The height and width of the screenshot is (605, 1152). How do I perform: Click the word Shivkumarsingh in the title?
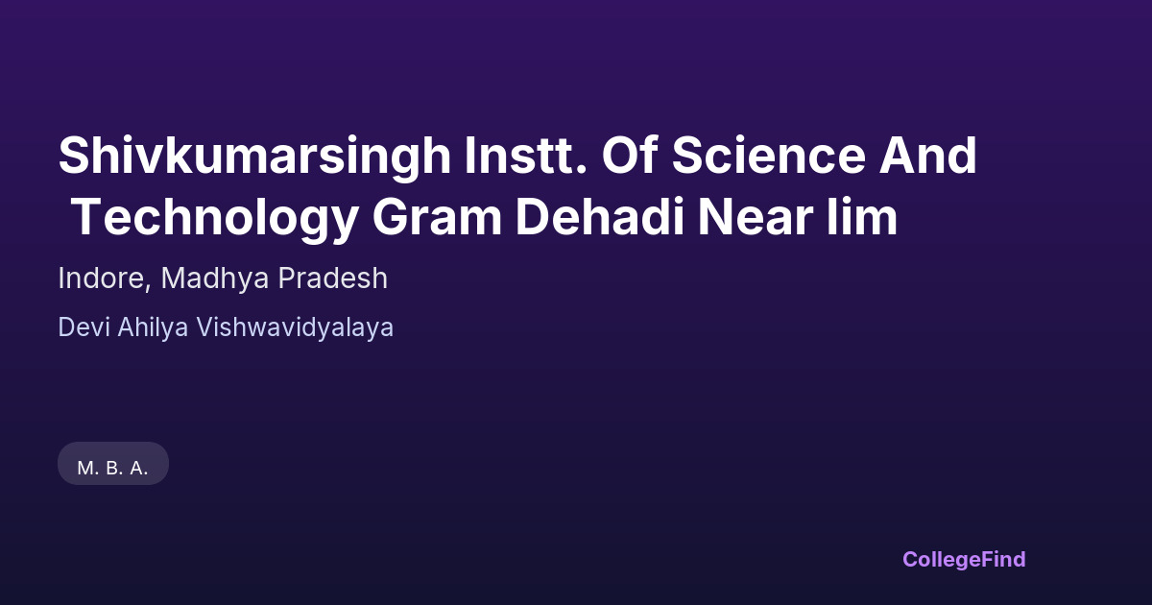click(255, 157)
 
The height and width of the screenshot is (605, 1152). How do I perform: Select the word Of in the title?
click(630, 155)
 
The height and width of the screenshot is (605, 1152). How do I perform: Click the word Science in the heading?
click(769, 155)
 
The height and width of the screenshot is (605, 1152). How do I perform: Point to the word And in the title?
click(927, 155)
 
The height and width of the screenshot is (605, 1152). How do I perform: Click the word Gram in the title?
click(437, 217)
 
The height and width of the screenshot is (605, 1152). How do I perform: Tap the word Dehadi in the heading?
click(600, 217)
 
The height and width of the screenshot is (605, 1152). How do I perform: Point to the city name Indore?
click(102, 278)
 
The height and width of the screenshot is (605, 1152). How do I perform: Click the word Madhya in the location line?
click(215, 278)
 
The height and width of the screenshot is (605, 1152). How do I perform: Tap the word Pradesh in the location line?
click(333, 278)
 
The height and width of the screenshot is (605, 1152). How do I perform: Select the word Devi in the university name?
click(84, 327)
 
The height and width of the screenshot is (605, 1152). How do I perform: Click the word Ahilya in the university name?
click(153, 328)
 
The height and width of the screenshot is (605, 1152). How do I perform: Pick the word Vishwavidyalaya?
click(295, 328)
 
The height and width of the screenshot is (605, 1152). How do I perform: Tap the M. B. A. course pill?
click(113, 464)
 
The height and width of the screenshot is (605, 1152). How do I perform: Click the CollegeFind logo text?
click(964, 560)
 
